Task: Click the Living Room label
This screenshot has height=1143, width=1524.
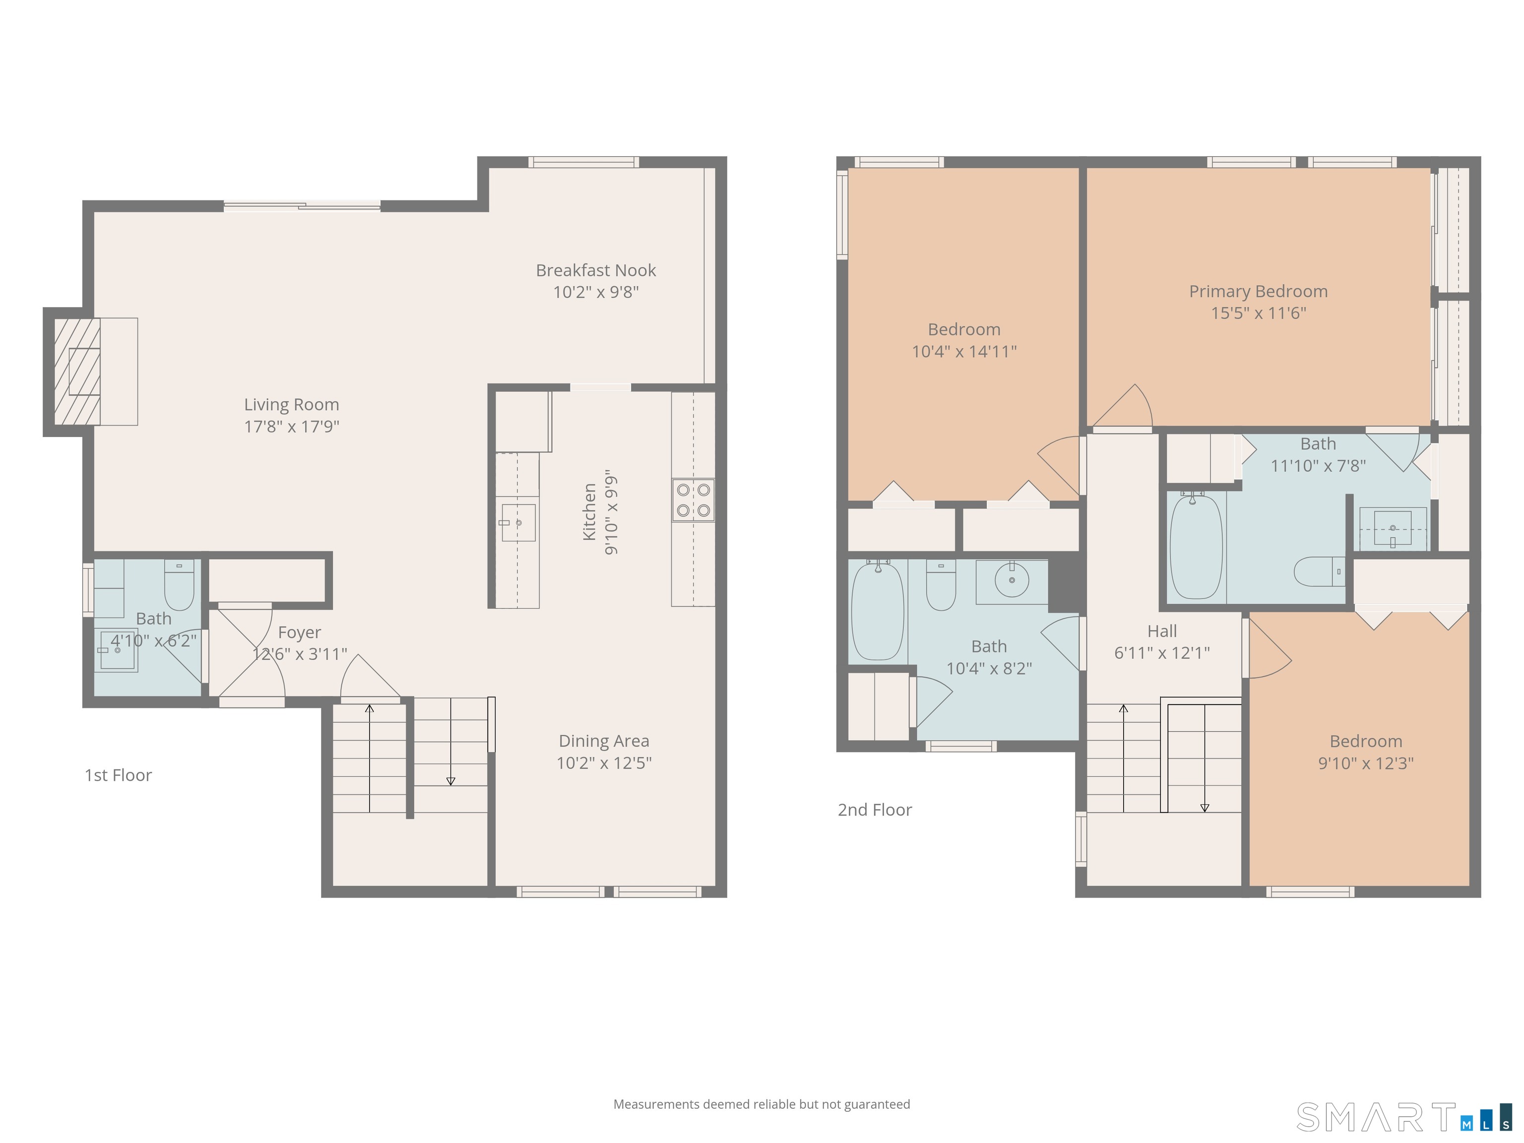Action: (x=291, y=404)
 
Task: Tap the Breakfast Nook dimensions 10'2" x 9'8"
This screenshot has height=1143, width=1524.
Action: (x=596, y=292)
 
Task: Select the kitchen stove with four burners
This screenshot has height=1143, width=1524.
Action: (x=693, y=500)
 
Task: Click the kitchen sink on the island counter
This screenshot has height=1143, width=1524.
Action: (x=518, y=523)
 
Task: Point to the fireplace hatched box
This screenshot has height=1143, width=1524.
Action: (x=77, y=372)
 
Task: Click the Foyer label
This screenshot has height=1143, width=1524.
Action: (x=300, y=633)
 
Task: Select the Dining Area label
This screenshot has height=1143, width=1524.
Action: (x=604, y=741)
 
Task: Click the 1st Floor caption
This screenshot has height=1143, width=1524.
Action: (x=118, y=775)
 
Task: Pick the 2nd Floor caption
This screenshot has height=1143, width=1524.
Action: (x=874, y=810)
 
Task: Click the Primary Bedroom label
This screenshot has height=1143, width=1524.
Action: (x=1258, y=291)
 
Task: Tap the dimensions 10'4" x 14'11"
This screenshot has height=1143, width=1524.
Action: (x=964, y=351)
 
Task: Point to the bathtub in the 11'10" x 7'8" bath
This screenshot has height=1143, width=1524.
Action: (x=1196, y=546)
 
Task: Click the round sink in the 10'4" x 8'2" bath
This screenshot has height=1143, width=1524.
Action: (x=1012, y=580)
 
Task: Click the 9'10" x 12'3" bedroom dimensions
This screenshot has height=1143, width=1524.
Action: (x=1366, y=763)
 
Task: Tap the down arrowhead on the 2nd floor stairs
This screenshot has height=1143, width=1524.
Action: (x=1205, y=808)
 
